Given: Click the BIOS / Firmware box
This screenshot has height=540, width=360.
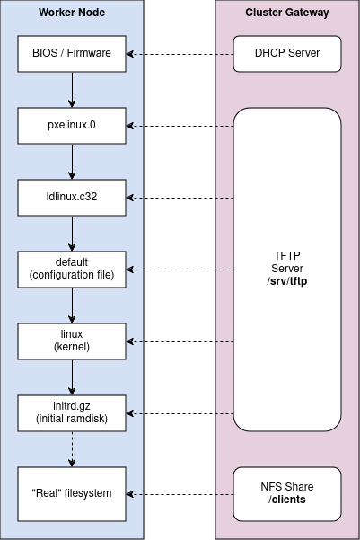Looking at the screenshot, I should tap(72, 53).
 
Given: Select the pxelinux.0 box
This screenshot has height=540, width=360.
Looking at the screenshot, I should tap(72, 125).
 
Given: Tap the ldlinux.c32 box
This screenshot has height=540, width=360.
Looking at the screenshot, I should tap(72, 197).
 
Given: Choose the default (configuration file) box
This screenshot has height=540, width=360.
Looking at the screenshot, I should tap(72, 269).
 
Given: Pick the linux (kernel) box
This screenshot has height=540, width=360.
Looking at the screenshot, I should tap(72, 341).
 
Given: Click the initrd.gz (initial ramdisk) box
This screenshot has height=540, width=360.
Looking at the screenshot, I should tap(72, 412).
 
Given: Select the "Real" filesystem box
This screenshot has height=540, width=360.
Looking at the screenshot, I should tap(72, 493).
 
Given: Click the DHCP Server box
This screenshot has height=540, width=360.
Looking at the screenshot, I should tap(287, 53).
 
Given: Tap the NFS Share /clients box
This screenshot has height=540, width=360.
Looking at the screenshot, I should tap(287, 493).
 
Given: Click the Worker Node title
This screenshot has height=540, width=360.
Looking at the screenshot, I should tap(72, 13).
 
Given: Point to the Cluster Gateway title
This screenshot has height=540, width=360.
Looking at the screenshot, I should tap(287, 13).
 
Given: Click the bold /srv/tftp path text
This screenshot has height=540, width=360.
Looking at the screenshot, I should tap(287, 281).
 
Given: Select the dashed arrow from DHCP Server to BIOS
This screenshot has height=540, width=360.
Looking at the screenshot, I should tap(180, 53).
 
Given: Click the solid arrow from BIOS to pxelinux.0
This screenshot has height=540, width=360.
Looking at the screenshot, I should tap(72, 89).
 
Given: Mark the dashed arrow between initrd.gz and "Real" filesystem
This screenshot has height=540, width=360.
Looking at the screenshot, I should tap(72, 448).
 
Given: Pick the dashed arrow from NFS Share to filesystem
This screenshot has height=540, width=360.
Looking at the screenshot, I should tap(180, 493).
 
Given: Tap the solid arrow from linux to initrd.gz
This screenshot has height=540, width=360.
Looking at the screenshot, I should tap(72, 376).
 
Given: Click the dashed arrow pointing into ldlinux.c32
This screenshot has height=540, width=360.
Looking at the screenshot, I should tap(180, 197).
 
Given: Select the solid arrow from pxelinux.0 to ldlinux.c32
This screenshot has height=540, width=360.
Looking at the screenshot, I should tap(72, 161).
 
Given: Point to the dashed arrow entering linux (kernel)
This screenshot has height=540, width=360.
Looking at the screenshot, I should tap(180, 341).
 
